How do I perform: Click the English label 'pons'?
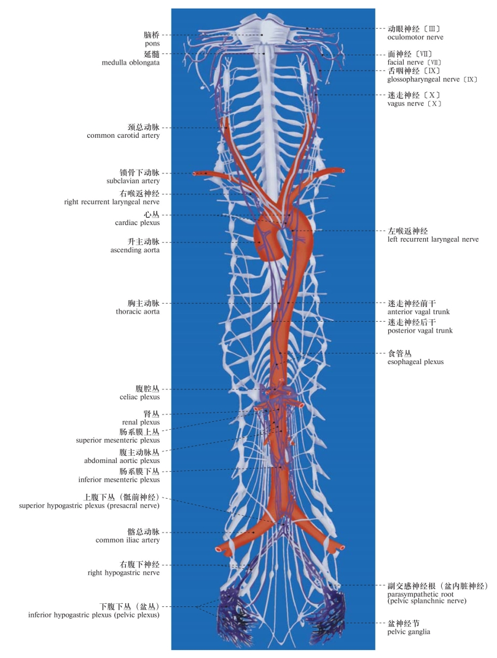coord(151,44)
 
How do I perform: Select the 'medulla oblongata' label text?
coord(131,63)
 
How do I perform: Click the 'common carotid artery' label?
coord(123,135)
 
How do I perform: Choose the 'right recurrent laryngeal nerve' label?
coord(112,202)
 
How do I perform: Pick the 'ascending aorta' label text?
coord(135,250)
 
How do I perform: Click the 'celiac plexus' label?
coord(139,397)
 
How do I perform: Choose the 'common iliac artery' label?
coord(128,540)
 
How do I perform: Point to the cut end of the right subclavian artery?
coord(194,173)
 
